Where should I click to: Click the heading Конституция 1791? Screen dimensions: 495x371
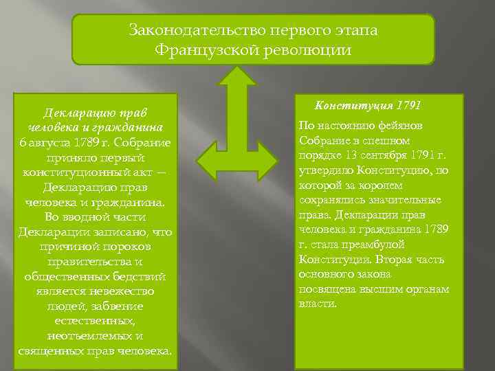click(367, 105)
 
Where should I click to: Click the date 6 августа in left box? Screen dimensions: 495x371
click(46, 142)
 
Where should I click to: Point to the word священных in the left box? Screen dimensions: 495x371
click(52, 351)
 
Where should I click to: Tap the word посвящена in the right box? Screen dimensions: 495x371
click(327, 289)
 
